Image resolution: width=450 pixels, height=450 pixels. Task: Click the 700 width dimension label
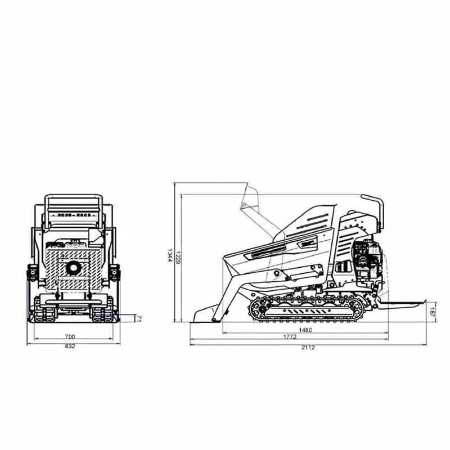(x=70, y=337)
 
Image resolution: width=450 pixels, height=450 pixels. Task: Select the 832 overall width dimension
(x=70, y=346)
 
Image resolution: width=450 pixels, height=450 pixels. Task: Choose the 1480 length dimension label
(x=305, y=330)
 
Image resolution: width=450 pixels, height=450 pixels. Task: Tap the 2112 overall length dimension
(x=308, y=348)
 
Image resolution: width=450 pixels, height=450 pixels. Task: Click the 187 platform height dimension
(x=432, y=311)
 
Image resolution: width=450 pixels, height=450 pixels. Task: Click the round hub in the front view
(x=73, y=267)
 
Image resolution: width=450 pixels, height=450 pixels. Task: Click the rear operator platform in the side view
(x=403, y=304)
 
